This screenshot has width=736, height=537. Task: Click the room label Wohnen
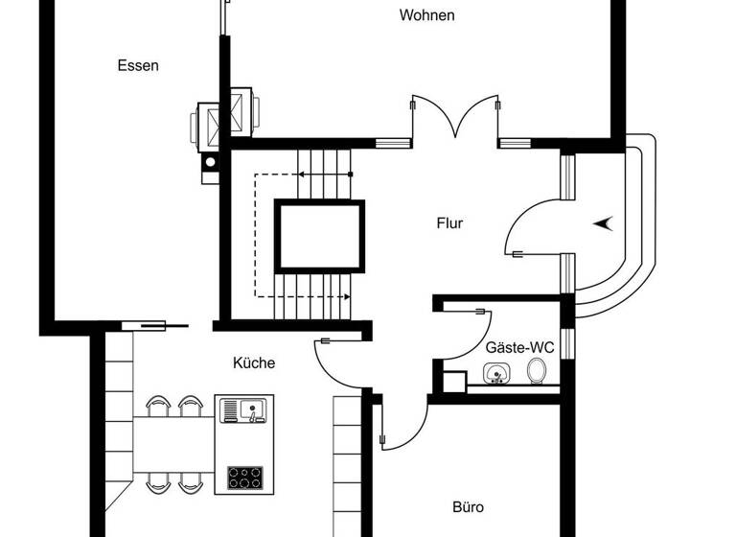pos(427,15)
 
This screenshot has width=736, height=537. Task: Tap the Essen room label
pos(138,66)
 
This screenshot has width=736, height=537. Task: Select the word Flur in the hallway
pos(449,223)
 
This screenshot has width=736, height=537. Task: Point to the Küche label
pos(254,363)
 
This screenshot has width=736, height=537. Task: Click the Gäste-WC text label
pos(519,347)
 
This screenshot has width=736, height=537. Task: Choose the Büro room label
pos(468,507)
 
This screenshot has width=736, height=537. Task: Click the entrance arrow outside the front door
pos(603,222)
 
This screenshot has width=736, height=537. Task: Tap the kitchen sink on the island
pos(242,411)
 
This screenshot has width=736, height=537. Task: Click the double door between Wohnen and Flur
pos(454,120)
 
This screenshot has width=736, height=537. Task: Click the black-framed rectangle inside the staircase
pos(321,236)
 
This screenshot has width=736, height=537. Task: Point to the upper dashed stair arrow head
pos(301,175)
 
